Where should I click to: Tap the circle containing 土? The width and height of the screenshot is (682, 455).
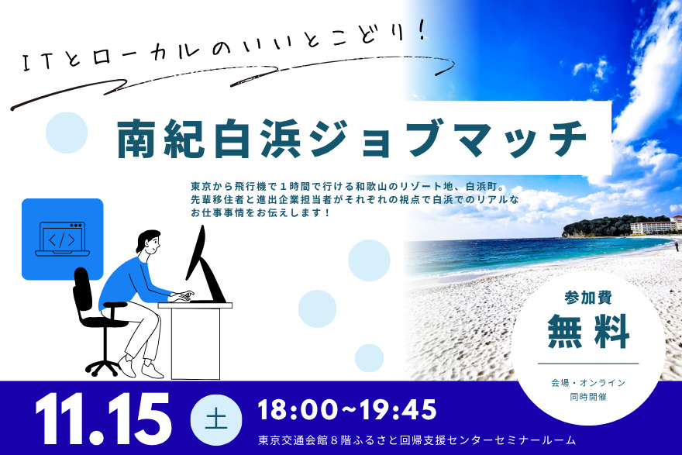pos(216,419)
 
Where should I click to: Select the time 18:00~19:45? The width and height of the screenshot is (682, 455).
pos(347,409)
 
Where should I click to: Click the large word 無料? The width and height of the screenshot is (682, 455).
pos(588,331)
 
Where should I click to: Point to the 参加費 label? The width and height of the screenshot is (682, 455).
pos(588,298)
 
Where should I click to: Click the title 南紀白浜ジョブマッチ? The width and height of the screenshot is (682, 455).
pos(352,138)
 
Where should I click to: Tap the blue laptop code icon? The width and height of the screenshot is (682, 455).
pos(63,240)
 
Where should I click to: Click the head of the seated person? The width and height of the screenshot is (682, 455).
pos(148,243)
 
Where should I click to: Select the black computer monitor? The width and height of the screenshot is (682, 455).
pos(205,265)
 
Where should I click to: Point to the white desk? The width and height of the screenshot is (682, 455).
pos(195,340)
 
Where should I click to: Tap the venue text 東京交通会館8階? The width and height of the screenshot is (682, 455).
pos(299,440)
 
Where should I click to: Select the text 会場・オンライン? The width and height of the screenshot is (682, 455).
pos(588,383)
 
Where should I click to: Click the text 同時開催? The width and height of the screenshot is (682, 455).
pos(588,397)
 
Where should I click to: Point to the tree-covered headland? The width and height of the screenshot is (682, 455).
pos(597,226)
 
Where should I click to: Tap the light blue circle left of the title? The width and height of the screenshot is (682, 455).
pos(67,133)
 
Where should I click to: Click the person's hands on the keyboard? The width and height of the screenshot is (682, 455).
pos(183,296)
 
